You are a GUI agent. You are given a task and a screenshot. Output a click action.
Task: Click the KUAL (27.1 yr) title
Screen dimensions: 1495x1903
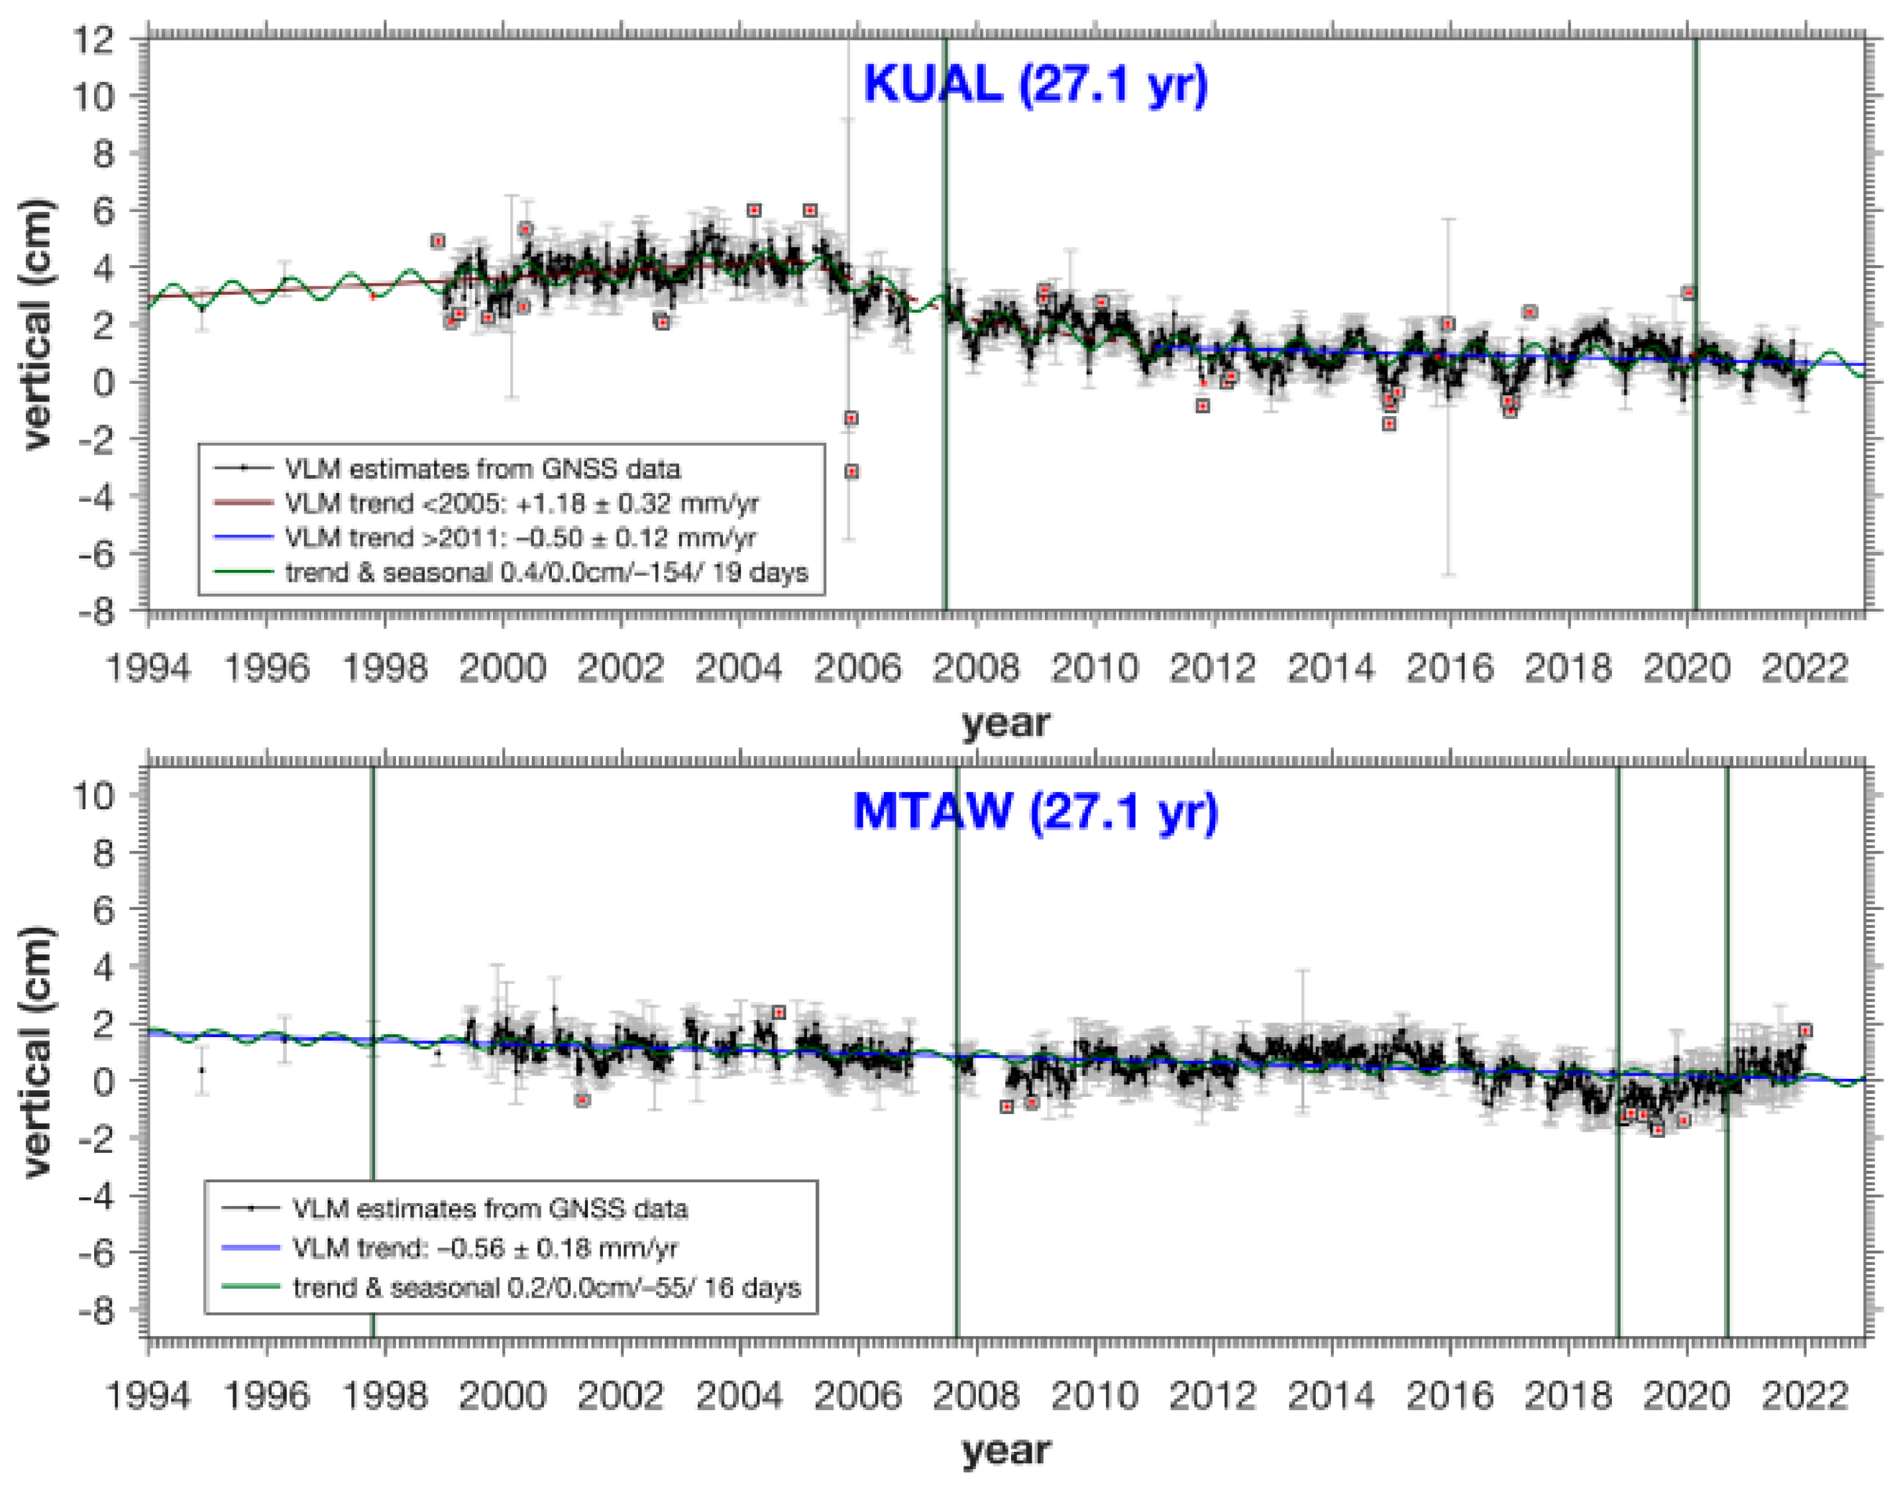click(1035, 85)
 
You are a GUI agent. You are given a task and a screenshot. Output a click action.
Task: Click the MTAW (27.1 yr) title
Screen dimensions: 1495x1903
click(1035, 812)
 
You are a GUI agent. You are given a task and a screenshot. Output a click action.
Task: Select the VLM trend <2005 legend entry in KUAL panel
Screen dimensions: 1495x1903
click(521, 503)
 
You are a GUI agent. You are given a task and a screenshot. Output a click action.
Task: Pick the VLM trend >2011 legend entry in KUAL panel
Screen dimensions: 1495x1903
click(519, 537)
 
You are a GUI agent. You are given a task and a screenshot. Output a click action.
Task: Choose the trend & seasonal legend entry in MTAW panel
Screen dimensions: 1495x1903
click(546, 1288)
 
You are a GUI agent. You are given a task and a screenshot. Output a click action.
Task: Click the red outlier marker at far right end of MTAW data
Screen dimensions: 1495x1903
click(1804, 1030)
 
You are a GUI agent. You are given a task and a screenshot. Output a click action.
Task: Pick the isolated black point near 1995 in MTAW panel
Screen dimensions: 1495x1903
click(202, 1070)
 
